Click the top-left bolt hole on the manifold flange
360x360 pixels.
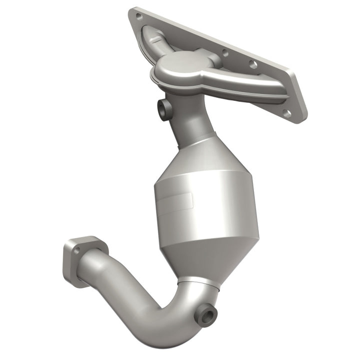[138, 16]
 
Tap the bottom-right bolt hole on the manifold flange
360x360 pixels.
[287, 113]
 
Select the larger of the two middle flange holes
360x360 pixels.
[253, 64]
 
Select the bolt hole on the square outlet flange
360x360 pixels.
[77, 250]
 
